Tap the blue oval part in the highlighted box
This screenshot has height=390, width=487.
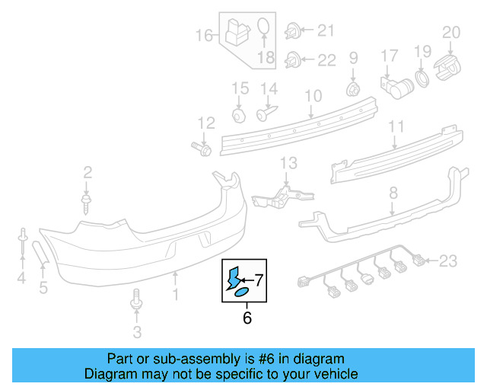(x=238, y=292)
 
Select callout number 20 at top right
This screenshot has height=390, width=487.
(x=452, y=32)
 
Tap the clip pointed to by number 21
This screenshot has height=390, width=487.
(x=292, y=31)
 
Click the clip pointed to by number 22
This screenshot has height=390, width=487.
(x=292, y=59)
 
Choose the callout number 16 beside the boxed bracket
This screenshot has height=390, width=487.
(x=204, y=35)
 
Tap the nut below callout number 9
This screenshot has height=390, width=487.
(x=353, y=90)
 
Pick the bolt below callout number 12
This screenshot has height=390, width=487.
(x=203, y=147)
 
